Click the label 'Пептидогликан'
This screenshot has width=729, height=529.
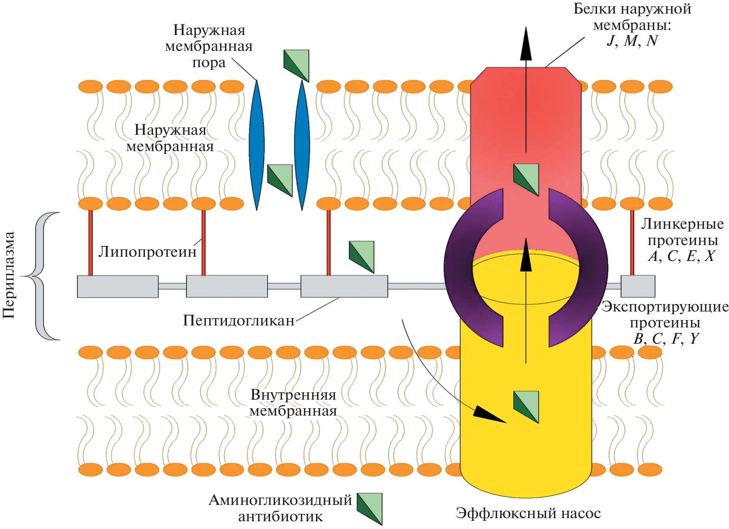[x=239, y=320]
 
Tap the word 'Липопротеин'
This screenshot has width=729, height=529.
[x=147, y=252]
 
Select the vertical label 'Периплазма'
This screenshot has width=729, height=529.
[x=9, y=275]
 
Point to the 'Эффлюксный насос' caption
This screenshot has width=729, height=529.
[x=528, y=513]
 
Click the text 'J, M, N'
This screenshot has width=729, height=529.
[x=632, y=41]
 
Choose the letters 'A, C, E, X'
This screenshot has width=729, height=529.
[x=682, y=256]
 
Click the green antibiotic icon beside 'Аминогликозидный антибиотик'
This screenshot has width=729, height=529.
[x=370, y=508]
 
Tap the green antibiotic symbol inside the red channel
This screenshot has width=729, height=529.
[x=526, y=179]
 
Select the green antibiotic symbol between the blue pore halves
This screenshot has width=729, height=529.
[x=280, y=180]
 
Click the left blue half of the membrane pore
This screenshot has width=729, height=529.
[x=256, y=146]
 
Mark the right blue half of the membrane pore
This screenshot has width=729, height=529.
[x=302, y=146]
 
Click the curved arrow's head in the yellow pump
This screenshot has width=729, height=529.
[x=488, y=414]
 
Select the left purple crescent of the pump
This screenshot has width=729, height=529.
[x=470, y=268]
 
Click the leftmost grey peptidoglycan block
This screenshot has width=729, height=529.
[x=118, y=287]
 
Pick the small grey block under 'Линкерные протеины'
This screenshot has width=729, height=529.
[x=638, y=286]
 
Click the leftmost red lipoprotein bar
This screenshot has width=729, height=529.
[x=91, y=242]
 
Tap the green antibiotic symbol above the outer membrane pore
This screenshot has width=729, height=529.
[x=296, y=65]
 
